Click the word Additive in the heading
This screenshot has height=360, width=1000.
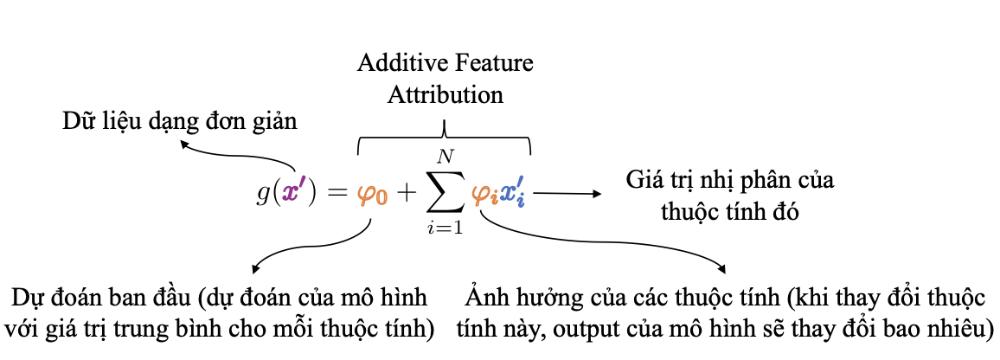[x=393, y=64]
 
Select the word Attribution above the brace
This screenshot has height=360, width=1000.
[x=446, y=93]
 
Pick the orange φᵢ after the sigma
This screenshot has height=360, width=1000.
[x=484, y=196]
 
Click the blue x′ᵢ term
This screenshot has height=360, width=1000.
[x=513, y=194]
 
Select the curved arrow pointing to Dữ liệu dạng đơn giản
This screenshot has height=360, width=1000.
[x=234, y=159]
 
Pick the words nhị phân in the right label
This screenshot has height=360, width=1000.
[x=752, y=183]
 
